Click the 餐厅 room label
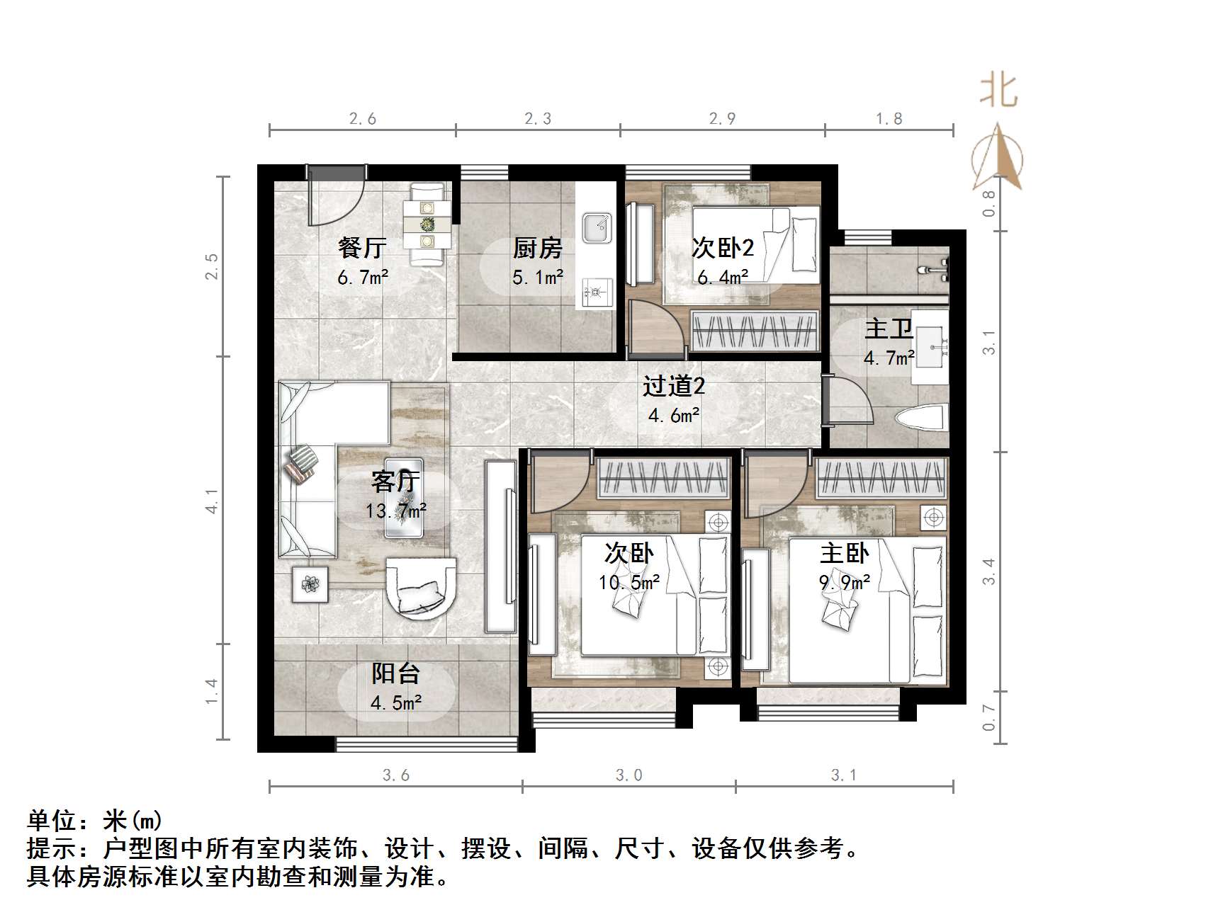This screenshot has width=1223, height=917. (x=361, y=248)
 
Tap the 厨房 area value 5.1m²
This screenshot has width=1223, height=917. (x=538, y=277)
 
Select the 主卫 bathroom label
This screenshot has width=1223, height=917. (x=888, y=329)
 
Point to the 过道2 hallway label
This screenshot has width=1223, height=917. (x=673, y=387)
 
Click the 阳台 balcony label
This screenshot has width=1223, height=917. (x=395, y=673)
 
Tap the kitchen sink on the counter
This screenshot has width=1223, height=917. (x=597, y=228)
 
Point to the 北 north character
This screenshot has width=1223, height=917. (x=998, y=91)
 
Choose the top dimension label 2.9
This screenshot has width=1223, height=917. (x=722, y=119)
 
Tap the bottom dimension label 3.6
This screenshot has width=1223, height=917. (x=395, y=775)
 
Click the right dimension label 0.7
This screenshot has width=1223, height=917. (x=989, y=717)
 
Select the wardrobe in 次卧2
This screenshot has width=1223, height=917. (x=754, y=331)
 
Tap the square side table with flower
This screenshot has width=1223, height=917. (x=310, y=585)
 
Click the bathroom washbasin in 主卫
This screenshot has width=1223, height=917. (x=929, y=346)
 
